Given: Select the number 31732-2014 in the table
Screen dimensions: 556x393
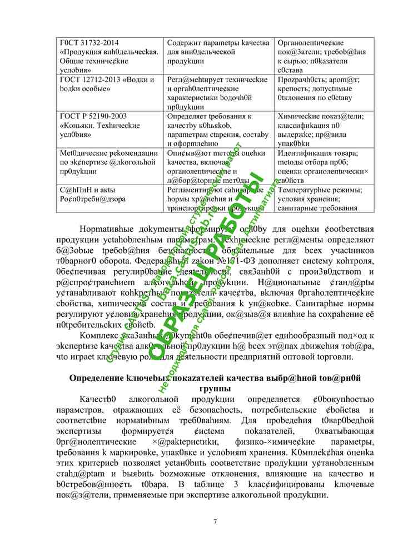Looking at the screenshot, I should click(101, 43).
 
